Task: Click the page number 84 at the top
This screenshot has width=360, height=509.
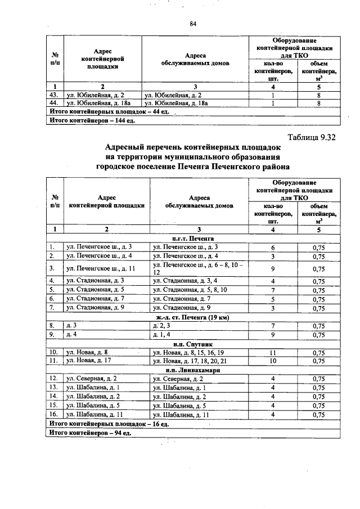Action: coord(193,23)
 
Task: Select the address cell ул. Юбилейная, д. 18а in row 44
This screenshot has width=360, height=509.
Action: coord(98,103)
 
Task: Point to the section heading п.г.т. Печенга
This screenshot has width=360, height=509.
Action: coord(192,238)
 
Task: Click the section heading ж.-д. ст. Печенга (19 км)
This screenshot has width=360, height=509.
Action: coord(192,316)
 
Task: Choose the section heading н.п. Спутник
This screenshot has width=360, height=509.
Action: coord(192,344)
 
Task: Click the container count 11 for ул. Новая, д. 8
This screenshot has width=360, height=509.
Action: coord(273,353)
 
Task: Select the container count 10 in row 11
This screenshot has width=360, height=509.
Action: coord(273,361)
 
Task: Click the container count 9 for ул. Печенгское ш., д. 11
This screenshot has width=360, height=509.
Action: coord(273,268)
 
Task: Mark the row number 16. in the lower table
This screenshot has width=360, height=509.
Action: coord(54,415)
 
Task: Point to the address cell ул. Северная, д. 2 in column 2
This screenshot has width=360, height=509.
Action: coord(92,379)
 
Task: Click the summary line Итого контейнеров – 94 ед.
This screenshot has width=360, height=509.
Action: coord(90,433)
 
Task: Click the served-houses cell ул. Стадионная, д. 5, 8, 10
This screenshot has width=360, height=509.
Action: coord(189,290)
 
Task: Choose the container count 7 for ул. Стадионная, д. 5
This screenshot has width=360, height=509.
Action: coord(273,290)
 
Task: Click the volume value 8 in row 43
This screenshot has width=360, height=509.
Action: coord(318,95)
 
